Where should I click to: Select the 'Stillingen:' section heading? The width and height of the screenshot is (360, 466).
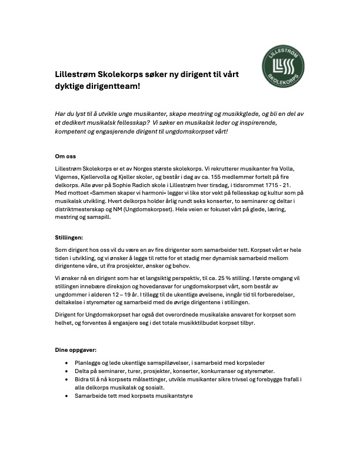tap(69, 238)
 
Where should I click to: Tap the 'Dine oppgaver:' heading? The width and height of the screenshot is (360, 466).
tap(76, 349)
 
